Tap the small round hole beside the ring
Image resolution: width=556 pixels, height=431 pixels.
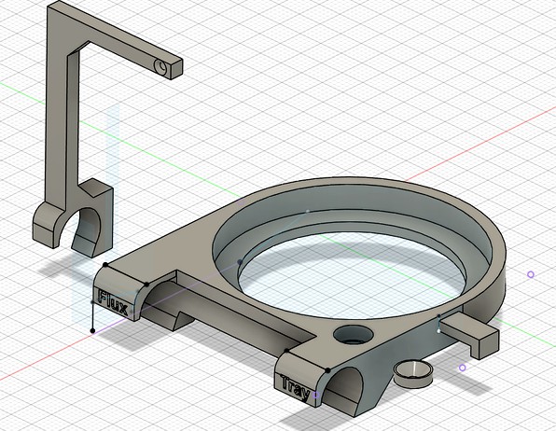click(354, 335)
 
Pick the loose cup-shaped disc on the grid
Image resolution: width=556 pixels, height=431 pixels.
click(413, 373)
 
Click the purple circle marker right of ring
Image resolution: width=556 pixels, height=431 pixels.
click(531, 274)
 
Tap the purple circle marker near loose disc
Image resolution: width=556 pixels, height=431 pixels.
click(462, 368)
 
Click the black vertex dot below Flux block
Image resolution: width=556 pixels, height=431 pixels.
click(93, 330)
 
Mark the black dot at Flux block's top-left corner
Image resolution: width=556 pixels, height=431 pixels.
click(105, 265)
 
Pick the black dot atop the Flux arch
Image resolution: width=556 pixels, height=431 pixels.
click(146, 285)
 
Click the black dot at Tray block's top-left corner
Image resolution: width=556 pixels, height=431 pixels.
click(286, 352)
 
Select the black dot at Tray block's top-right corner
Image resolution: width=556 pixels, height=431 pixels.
click(328, 370)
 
